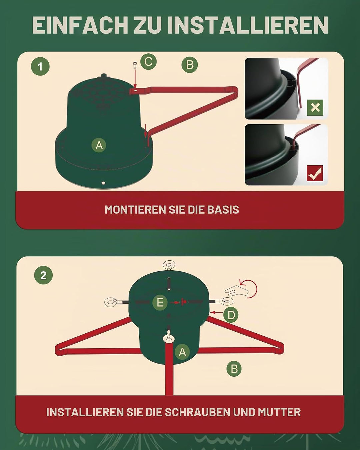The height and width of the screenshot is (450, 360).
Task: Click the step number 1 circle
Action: [40, 66]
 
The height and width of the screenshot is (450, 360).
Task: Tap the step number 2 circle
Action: [43, 275]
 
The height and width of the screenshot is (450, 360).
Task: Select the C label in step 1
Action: [149, 62]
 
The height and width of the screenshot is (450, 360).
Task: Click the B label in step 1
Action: [190, 65]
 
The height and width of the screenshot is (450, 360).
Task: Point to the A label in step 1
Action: [99, 145]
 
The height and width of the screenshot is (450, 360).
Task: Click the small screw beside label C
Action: [135, 64]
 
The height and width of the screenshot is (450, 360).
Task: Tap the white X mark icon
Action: [315, 108]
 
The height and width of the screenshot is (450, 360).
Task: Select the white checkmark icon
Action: [315, 173]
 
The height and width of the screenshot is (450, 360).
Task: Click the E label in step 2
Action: [160, 302]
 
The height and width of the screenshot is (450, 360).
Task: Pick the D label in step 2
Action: [231, 315]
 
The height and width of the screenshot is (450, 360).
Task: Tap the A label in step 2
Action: [182, 352]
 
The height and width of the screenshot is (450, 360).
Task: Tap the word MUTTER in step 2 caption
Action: [279, 412]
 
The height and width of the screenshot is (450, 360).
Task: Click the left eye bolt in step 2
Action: [116, 302]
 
